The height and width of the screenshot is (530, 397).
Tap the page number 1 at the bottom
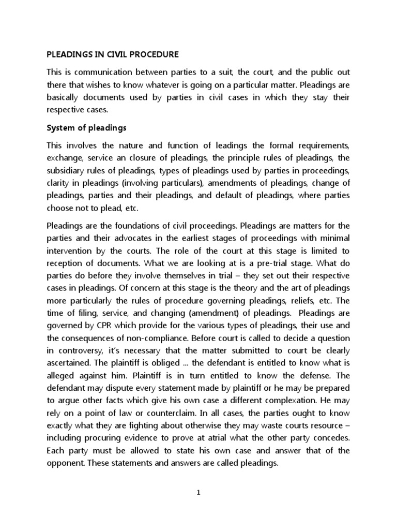point(198,493)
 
